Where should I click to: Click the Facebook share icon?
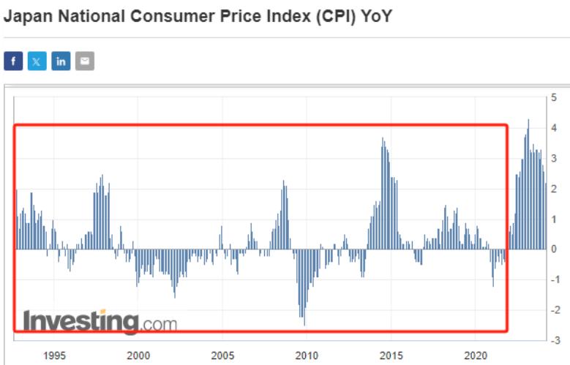pos(13,61)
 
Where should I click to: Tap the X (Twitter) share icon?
pos(37,61)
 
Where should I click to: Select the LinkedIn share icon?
pos(61,61)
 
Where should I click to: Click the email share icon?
pos(85,61)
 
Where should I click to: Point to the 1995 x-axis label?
pos(54,355)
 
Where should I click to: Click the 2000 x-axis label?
pos(138,355)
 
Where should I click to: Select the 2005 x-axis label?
pos(222,355)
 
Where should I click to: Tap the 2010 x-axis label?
pos(307,355)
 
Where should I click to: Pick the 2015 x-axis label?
pos(391,355)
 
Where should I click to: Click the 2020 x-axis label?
pos(476,355)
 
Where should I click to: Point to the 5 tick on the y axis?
pos(554,97)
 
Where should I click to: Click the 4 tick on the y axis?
pos(554,128)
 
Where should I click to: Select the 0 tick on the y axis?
pos(554,249)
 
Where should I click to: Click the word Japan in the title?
pos(27,15)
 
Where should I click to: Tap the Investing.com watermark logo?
pos(100,321)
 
